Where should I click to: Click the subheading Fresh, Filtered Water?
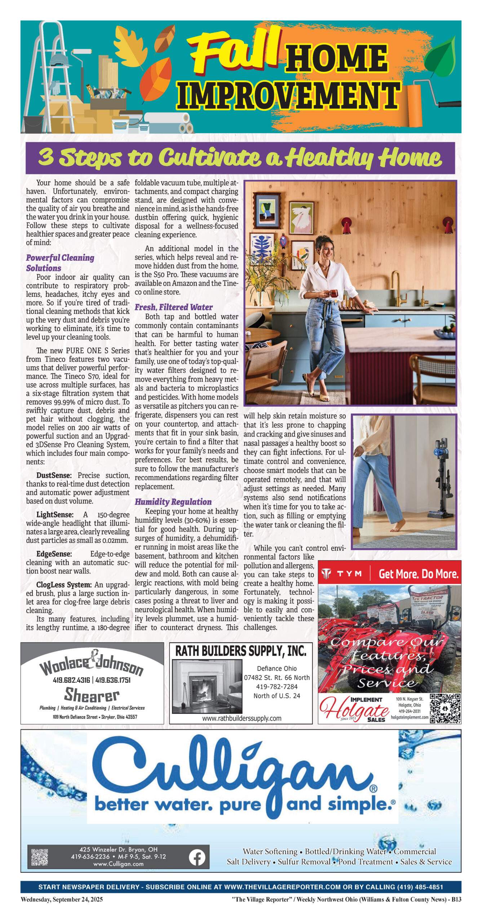click(173, 307)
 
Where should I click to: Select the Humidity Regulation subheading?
click(173, 502)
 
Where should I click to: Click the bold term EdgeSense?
click(54, 554)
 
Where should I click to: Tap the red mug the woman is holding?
click(334, 293)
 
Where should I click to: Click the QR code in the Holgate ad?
click(445, 708)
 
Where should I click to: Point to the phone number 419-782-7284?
click(277, 687)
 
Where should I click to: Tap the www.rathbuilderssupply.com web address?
click(242, 719)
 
